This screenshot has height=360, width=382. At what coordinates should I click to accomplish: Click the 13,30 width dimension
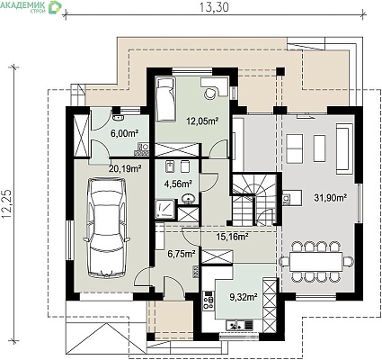tap(214, 7)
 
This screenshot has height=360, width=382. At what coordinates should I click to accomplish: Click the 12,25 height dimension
tap(7, 203)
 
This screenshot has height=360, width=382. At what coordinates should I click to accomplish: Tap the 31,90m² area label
tap(331, 197)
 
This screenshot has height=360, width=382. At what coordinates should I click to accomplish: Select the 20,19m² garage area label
tap(125, 169)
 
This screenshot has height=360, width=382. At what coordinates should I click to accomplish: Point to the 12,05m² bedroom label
tap(202, 121)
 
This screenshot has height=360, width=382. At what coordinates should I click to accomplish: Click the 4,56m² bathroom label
tap(178, 184)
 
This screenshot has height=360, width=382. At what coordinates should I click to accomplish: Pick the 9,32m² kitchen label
tap(244, 297)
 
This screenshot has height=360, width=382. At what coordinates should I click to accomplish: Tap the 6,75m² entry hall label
tap(182, 254)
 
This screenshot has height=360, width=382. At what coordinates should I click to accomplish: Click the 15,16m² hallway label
tap(232, 237)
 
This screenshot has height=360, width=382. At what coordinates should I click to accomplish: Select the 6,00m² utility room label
tap(125, 133)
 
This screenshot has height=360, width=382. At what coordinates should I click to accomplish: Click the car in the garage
tap(107, 228)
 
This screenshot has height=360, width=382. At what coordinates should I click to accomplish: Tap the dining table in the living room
tap(315, 262)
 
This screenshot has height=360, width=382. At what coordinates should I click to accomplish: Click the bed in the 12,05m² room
tap(165, 99)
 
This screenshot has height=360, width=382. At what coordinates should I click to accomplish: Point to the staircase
tap(254, 201)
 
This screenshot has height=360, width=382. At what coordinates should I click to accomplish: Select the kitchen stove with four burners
tap(209, 301)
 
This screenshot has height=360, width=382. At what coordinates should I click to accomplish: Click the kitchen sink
tap(240, 325)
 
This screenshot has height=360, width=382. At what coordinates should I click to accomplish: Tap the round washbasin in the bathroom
tap(189, 199)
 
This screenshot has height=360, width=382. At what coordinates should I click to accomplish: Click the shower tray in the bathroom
tap(165, 209)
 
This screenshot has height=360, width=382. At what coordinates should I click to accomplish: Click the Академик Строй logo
tap(31, 6)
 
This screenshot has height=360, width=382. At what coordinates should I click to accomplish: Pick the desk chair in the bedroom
tap(210, 94)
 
